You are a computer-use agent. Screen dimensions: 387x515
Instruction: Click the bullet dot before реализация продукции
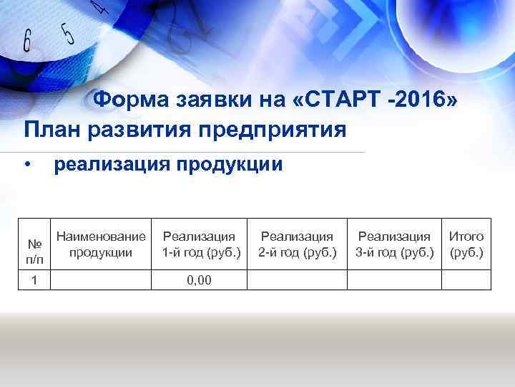click(x=26, y=166)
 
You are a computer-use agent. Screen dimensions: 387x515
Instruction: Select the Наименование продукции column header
click(x=101, y=244)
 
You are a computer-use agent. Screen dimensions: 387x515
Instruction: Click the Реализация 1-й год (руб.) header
click(x=199, y=244)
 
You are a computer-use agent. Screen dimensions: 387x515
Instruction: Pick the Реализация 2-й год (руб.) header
click(x=297, y=244)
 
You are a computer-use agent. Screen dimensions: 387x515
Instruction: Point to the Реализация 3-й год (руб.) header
click(x=394, y=244)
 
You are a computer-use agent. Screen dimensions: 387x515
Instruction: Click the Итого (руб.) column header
click(x=466, y=244)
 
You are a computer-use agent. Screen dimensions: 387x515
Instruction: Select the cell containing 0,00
click(x=199, y=279)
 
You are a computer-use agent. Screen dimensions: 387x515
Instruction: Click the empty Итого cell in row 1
click(x=466, y=279)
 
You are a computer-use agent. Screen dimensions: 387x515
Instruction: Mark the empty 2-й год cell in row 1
click(x=297, y=279)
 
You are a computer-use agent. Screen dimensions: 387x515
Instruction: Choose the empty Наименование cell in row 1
click(x=101, y=279)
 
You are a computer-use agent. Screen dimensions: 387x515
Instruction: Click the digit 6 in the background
click(x=28, y=41)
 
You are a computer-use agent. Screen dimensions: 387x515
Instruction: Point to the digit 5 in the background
click(x=67, y=32)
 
